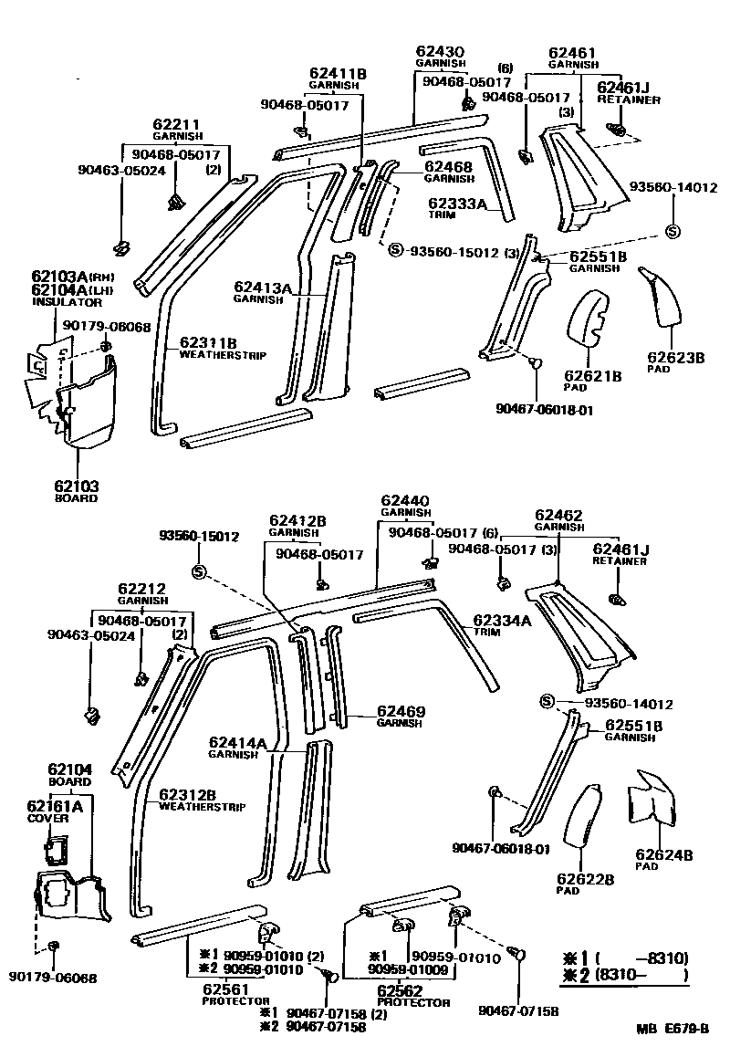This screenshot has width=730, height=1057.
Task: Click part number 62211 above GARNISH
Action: [x=176, y=124]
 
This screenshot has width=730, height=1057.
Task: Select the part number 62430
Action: [x=441, y=52]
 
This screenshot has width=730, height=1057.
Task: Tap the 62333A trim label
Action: [x=456, y=204]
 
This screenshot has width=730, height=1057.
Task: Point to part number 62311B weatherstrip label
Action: [x=208, y=342]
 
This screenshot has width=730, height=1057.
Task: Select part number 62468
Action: [x=447, y=167]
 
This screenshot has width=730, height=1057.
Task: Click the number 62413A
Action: [x=262, y=288]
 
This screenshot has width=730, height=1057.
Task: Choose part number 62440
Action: [x=405, y=501]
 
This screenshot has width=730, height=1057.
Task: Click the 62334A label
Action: [x=502, y=621]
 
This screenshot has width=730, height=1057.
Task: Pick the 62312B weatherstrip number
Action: [x=187, y=794]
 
